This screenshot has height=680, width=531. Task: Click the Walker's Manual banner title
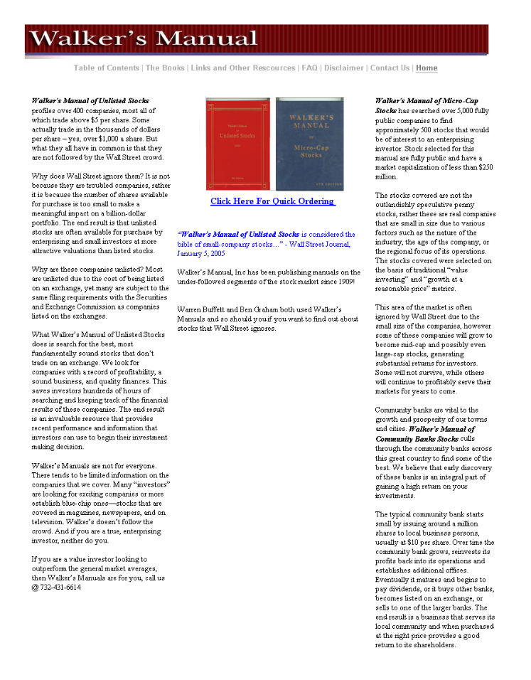[x=144, y=38]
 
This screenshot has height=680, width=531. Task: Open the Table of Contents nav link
[x=107, y=68]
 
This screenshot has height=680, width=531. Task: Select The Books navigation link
[x=165, y=68]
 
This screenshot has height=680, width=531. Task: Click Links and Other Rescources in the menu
[x=242, y=68]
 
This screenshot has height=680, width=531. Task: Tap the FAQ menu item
[x=309, y=68]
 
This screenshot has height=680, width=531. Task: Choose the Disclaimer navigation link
[x=344, y=68]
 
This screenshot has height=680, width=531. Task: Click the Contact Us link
[x=390, y=68]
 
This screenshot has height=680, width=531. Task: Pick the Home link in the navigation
[x=427, y=68]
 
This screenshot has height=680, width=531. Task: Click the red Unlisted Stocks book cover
[x=238, y=144]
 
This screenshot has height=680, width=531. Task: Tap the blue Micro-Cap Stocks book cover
[x=309, y=144]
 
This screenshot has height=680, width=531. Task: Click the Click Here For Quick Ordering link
[x=273, y=201]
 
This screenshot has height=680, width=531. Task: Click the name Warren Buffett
[x=201, y=310]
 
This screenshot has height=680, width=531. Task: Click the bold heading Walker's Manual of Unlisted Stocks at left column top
[x=90, y=101]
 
